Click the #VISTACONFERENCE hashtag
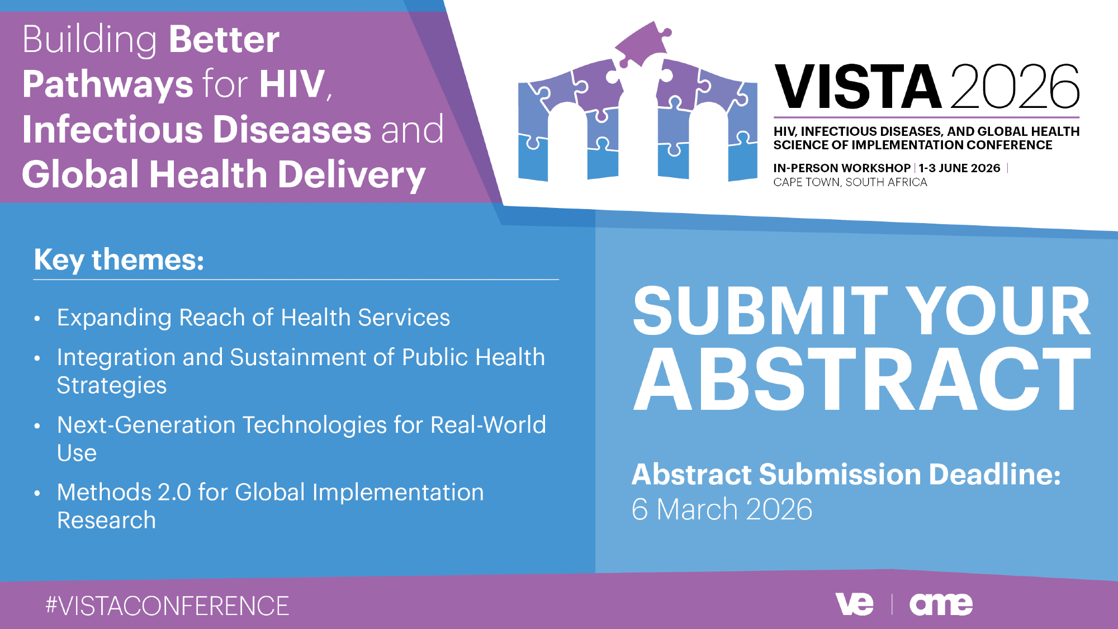[x=167, y=606]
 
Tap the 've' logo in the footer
[x=854, y=604]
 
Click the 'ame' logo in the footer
[x=941, y=604]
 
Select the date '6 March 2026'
[x=722, y=509]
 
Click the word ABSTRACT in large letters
[x=861, y=380]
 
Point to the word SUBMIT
[x=760, y=311]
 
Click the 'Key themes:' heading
[x=119, y=260]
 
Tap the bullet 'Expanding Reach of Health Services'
[x=253, y=318]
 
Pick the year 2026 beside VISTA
[x=1015, y=87]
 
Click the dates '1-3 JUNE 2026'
[x=959, y=168]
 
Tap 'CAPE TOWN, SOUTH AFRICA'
[x=850, y=182]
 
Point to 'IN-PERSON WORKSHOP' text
[x=842, y=168]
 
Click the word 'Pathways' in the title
[x=108, y=85]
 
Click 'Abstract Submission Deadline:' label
[x=846, y=475]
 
